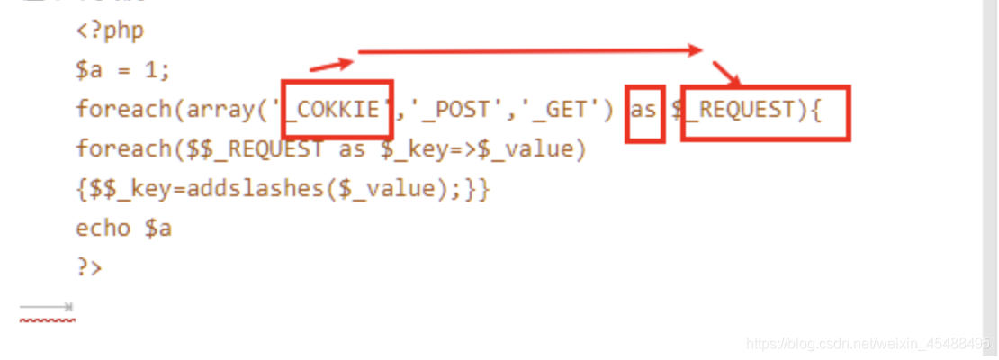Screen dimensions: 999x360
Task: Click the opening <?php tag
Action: [x=110, y=31]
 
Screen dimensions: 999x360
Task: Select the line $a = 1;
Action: [x=122, y=69]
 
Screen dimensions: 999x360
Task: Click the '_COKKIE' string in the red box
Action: [x=337, y=110]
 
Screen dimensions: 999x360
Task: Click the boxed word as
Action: [x=643, y=110]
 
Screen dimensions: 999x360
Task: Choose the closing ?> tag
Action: [x=89, y=267]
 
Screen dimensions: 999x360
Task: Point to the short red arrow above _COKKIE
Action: [x=331, y=63]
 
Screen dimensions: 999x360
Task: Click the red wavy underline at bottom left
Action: [x=47, y=319]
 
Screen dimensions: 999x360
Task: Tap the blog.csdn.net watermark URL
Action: [x=870, y=344]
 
